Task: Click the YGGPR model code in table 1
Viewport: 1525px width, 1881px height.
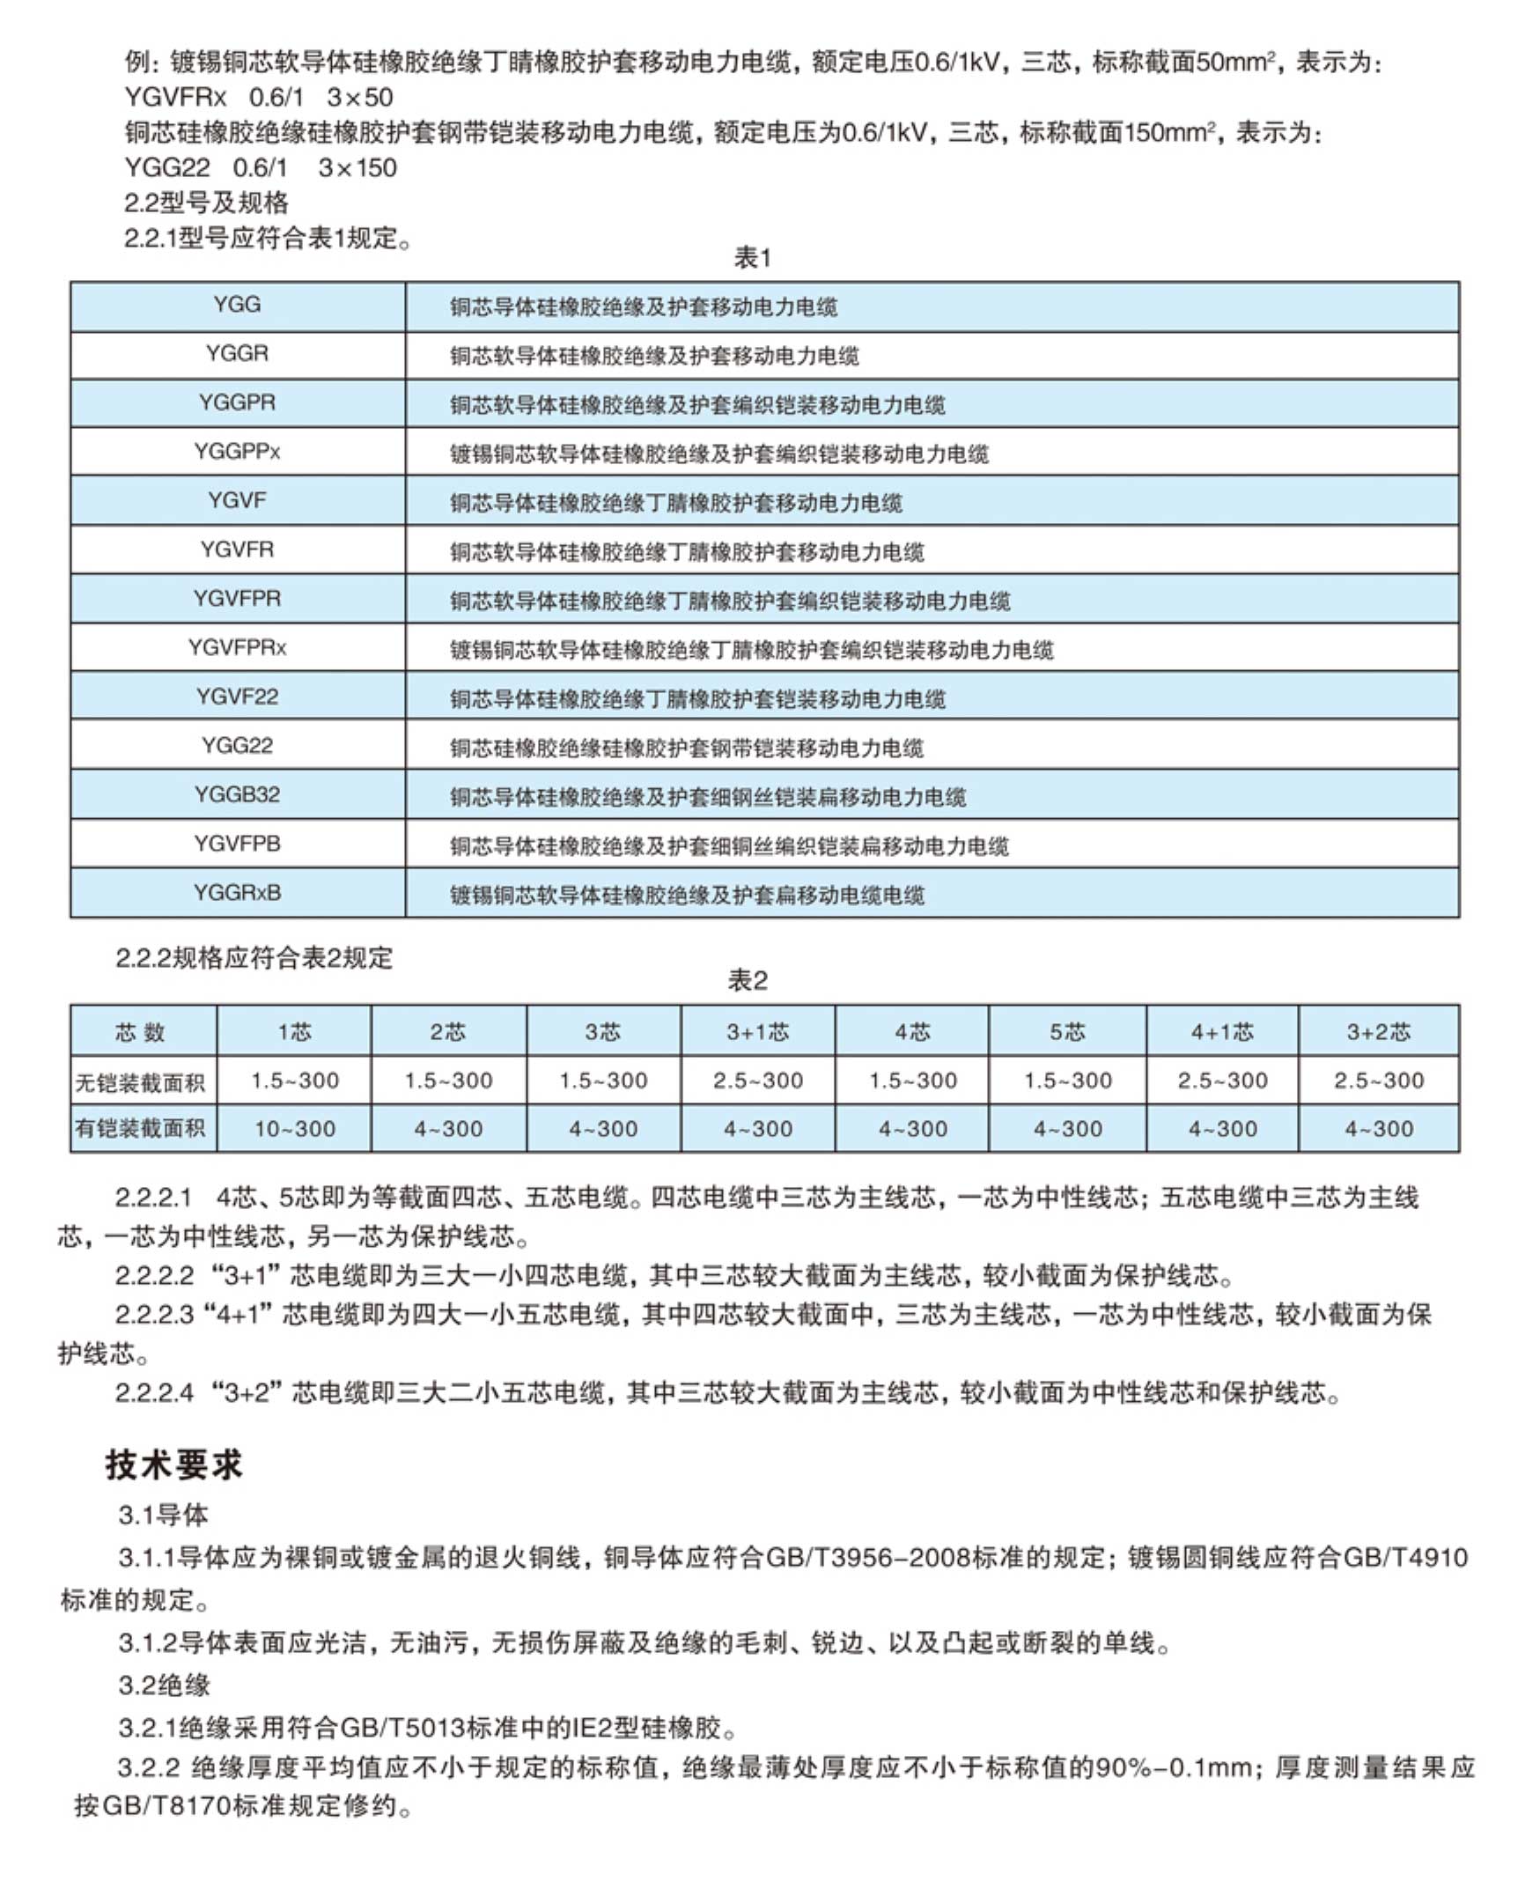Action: (x=237, y=402)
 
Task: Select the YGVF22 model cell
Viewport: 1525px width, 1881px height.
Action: (x=237, y=697)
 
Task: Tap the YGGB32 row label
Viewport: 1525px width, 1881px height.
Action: (x=237, y=794)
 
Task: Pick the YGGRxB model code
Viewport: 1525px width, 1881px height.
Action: (x=237, y=892)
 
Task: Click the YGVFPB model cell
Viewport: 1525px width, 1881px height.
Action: (x=237, y=844)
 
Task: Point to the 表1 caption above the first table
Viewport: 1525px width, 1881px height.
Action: (x=752, y=258)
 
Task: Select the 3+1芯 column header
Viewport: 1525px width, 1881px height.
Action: (x=757, y=1031)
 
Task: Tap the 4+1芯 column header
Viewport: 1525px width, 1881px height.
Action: (x=1221, y=1031)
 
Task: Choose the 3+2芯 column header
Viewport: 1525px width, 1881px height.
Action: (x=1378, y=1031)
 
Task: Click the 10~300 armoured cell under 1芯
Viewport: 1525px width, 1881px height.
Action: (x=294, y=1128)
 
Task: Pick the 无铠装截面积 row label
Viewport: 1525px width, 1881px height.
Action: (x=141, y=1081)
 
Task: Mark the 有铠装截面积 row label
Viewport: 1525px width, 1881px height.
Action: (x=141, y=1128)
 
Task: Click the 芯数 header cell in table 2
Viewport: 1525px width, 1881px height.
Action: (x=141, y=1031)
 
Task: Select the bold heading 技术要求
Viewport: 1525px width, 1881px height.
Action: (x=173, y=1464)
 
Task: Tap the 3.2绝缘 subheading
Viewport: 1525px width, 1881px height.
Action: (x=165, y=1685)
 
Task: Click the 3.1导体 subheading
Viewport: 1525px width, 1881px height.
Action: (x=164, y=1515)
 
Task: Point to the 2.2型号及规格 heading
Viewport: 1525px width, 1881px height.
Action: (x=206, y=203)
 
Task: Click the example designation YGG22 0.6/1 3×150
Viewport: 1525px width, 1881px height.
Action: (x=261, y=167)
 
